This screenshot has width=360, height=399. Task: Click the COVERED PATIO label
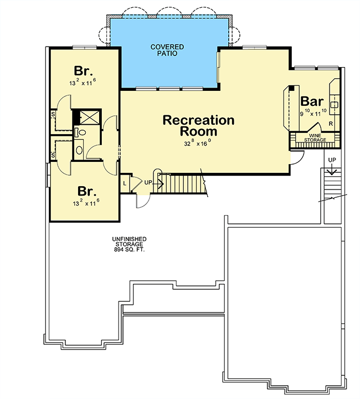point(167,50)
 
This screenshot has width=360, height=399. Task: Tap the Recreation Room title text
point(199,126)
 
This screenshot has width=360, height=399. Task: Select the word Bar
point(312,101)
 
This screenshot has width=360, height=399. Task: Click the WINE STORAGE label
point(315,138)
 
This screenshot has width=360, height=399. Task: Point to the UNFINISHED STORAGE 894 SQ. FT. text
point(129,244)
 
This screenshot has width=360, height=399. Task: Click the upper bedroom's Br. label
point(83,71)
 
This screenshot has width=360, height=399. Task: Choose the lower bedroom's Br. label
point(87,191)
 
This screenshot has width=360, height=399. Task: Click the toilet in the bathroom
point(80,132)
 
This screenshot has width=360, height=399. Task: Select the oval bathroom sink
point(79,150)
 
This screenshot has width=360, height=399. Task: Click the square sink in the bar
point(334,105)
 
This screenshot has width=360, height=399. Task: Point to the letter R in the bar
point(331,124)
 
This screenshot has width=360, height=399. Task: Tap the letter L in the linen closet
point(125,183)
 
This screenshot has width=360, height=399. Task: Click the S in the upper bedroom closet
point(53,114)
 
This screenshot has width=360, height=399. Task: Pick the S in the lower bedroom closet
point(53,155)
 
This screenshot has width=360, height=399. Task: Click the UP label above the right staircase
point(332,160)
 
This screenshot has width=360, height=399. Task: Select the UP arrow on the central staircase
point(158,183)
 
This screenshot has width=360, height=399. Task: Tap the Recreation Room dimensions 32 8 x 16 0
point(198,143)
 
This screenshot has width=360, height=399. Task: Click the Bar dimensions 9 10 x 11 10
point(313,113)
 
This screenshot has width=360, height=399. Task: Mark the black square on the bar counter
point(292,88)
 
